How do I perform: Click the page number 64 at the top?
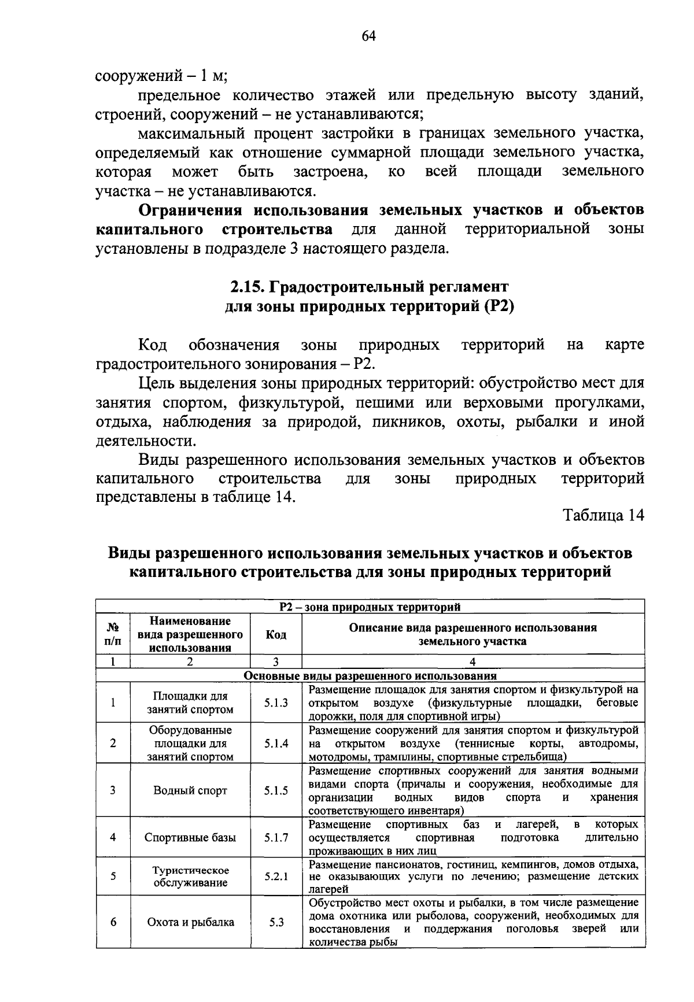tap(369, 36)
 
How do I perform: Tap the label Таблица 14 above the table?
tap(604, 516)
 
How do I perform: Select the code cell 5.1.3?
tap(276, 703)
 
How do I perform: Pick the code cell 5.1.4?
tap(276, 744)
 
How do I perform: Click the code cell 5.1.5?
tap(276, 790)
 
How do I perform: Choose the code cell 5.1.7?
tap(276, 837)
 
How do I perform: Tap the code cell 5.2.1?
tap(276, 877)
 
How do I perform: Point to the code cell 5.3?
tap(276, 922)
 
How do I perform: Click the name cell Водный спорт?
tap(190, 790)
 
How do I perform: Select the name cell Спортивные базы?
tap(190, 837)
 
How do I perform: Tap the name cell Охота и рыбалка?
tap(190, 922)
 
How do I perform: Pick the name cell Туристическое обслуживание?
tap(190, 877)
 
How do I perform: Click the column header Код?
tap(276, 635)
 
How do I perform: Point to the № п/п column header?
tap(113, 635)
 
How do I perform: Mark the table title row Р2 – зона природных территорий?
tap(370, 607)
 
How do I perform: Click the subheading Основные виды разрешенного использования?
tap(370, 676)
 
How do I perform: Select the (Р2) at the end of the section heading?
tap(498, 306)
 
